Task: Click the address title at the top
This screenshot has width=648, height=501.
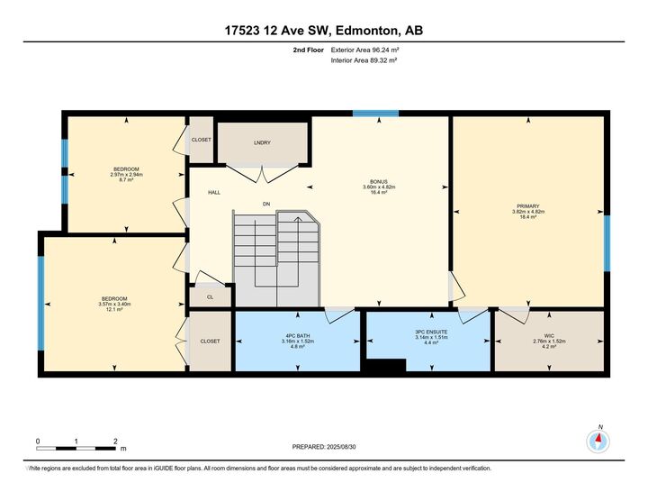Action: (323, 30)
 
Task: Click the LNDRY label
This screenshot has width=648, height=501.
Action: (262, 142)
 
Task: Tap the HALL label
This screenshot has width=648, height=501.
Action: (214, 192)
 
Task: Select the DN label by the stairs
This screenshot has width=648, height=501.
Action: (266, 205)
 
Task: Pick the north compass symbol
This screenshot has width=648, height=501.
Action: (598, 441)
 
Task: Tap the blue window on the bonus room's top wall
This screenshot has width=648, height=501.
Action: (375, 114)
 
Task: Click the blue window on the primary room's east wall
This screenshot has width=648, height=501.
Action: (607, 243)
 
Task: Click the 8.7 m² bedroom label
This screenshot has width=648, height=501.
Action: (125, 175)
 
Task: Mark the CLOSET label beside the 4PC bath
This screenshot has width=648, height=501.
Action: (211, 342)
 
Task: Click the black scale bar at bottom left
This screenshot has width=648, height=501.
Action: (76, 447)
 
